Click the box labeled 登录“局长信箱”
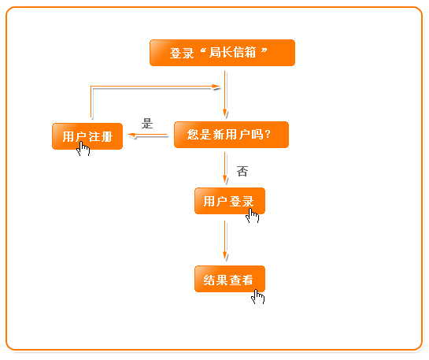point(222,53)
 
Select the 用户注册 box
point(87,136)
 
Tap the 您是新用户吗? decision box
point(231,135)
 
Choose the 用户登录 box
point(230,201)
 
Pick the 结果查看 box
point(230,279)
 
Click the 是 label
point(147,124)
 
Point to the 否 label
point(242,172)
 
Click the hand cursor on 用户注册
point(83,149)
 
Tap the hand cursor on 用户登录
point(252,216)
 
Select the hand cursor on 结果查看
point(258,296)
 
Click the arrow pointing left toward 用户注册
point(148,135)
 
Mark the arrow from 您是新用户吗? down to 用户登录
point(225,168)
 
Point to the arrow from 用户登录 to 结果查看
point(225,240)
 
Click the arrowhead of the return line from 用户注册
point(216,87)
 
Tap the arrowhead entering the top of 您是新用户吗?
point(225,113)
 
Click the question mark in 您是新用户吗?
point(268,135)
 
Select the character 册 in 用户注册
point(106,136)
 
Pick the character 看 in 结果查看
point(247,280)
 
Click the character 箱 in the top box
point(250,52)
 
